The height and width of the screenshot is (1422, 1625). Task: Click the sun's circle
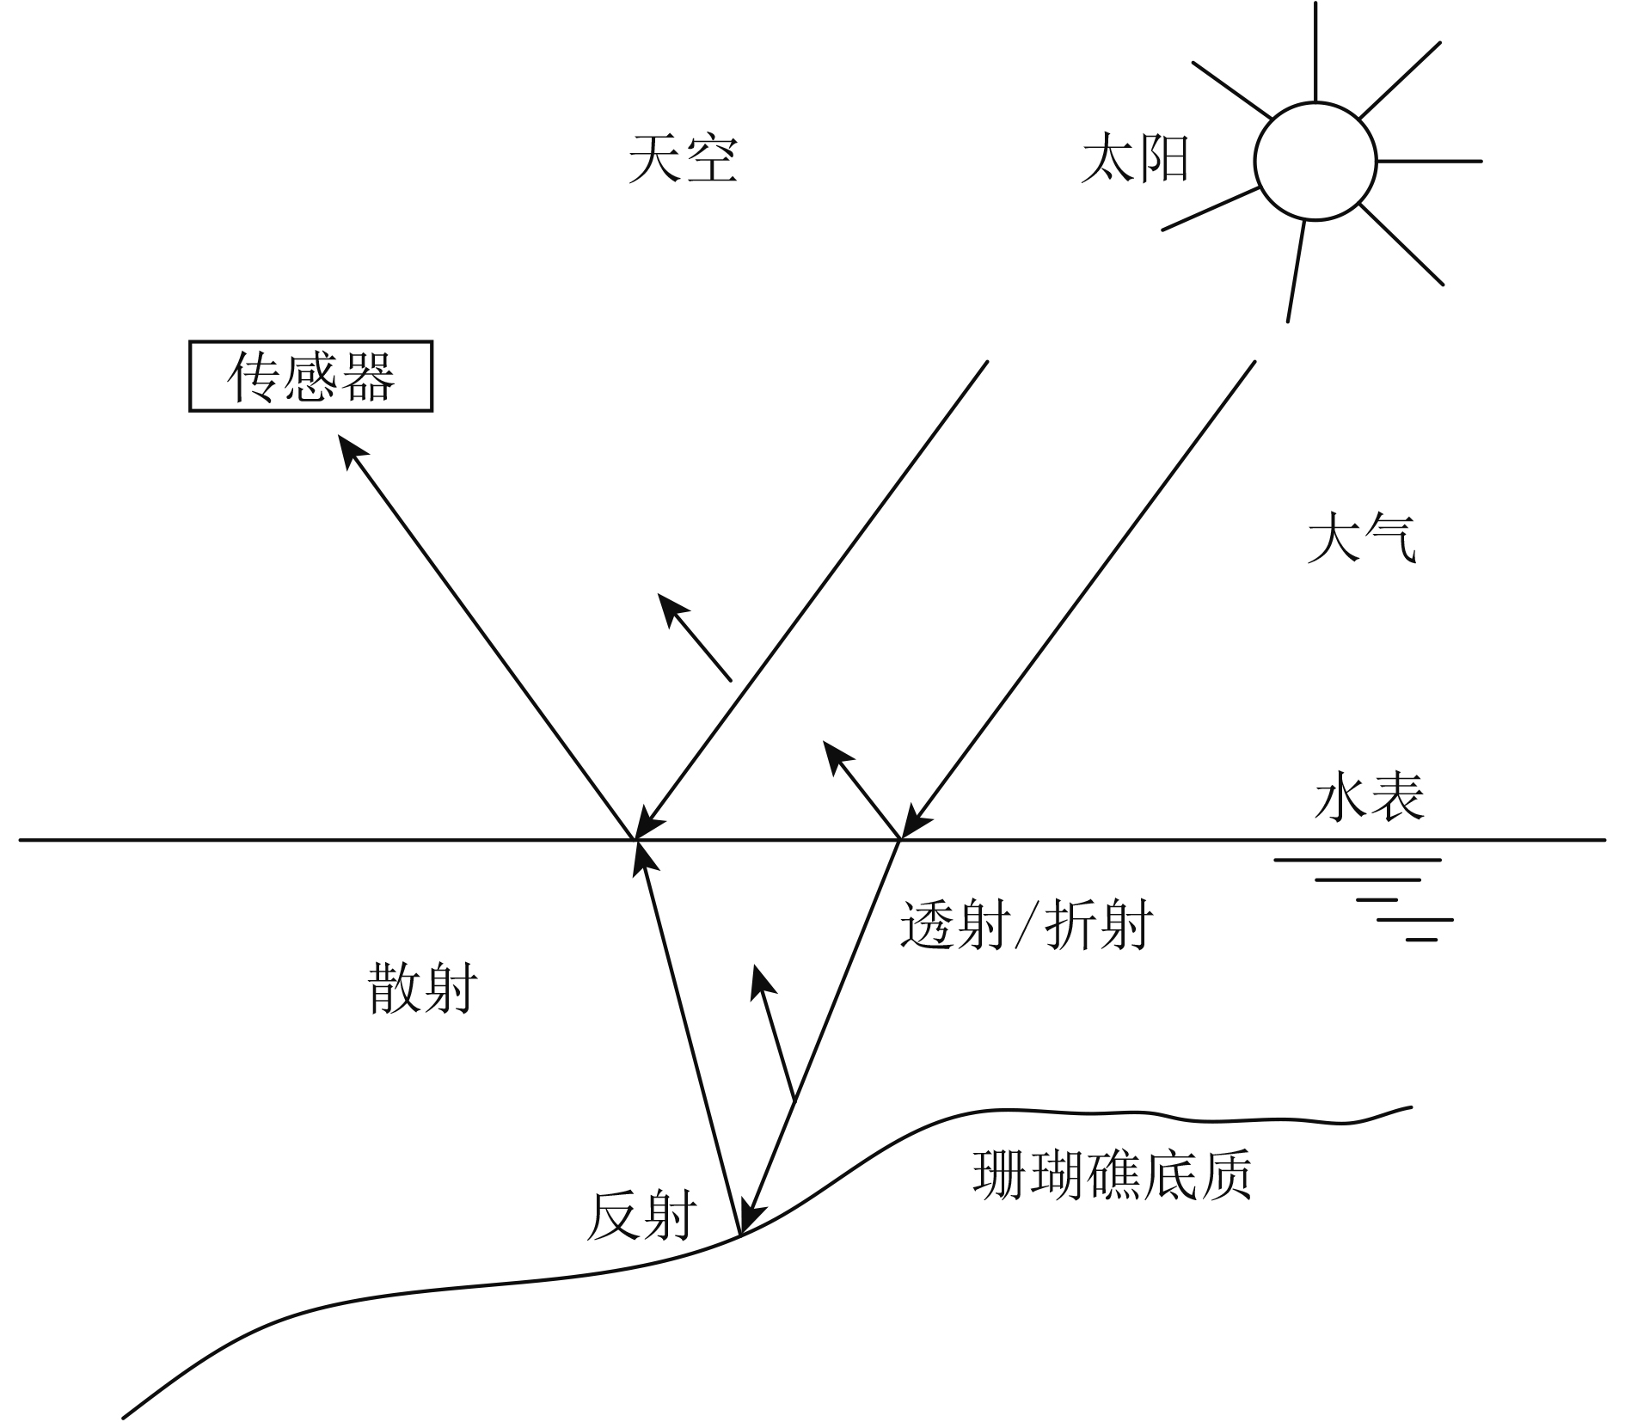click(x=1315, y=161)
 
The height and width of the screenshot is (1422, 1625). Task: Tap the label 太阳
click(x=1135, y=160)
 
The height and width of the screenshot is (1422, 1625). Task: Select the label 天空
click(x=683, y=159)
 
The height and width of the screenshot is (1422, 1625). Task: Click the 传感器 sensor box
click(x=310, y=377)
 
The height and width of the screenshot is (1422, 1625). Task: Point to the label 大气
click(x=1361, y=539)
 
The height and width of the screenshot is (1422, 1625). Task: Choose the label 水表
click(x=1369, y=795)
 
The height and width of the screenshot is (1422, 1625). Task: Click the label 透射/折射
click(x=1027, y=925)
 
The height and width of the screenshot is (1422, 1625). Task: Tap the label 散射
click(x=423, y=988)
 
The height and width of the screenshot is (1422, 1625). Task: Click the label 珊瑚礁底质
click(x=1112, y=1174)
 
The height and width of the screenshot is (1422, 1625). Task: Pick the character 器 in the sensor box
click(x=368, y=377)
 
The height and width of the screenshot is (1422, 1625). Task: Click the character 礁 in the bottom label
click(x=1112, y=1174)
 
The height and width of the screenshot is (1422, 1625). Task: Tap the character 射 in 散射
click(x=451, y=988)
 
